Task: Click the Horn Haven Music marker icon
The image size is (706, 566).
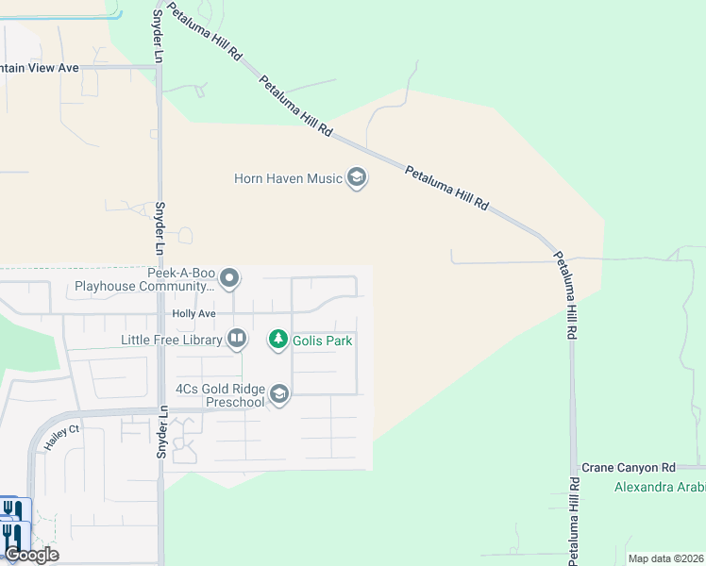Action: point(357,177)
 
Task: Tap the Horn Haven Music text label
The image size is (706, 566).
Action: point(288,178)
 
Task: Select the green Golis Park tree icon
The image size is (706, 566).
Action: point(277,338)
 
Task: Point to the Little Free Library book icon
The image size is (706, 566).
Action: point(236,338)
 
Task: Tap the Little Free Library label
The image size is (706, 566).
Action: point(171,339)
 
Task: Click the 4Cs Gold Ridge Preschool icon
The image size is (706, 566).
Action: point(278,393)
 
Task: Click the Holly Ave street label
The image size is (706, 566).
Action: point(193,313)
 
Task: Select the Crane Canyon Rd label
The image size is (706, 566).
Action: point(629,467)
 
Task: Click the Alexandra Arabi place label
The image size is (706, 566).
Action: point(659,487)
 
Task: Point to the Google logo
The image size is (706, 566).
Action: point(31,555)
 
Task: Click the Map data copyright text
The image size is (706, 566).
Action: point(665,558)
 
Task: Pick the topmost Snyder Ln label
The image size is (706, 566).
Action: point(158,37)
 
